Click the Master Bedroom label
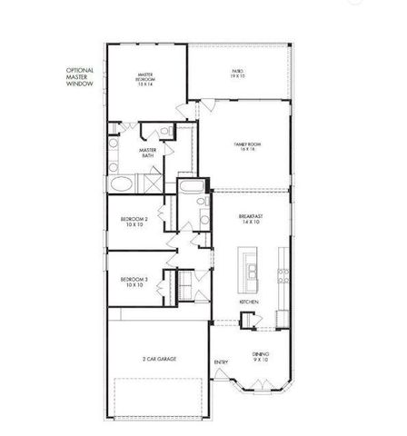click(144, 79)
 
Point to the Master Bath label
click(148, 154)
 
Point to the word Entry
click(220, 363)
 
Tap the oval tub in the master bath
click(121, 184)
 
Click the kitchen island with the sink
click(249, 271)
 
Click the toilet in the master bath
click(166, 133)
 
